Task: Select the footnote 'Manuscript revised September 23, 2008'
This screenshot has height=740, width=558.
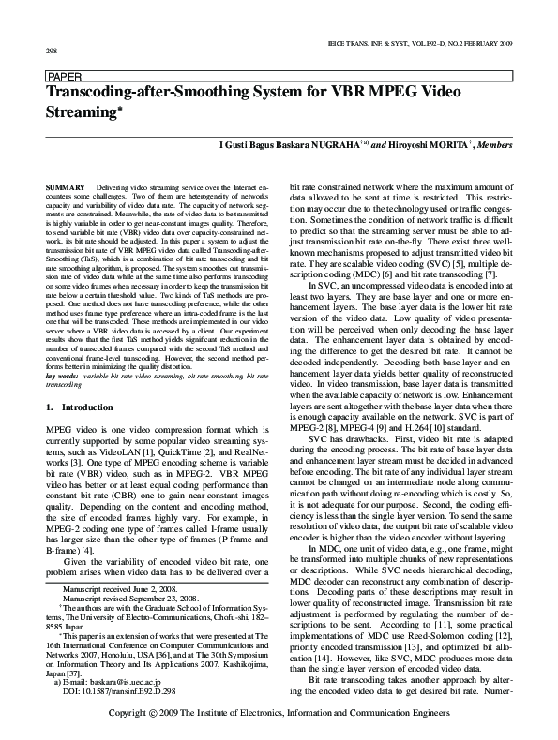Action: [129, 598]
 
